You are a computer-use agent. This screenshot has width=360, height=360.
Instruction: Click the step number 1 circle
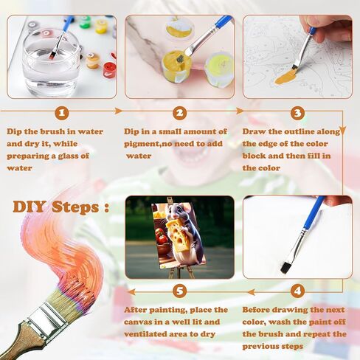click(x=62, y=113)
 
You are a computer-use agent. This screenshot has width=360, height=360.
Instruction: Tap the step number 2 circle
click(x=180, y=113)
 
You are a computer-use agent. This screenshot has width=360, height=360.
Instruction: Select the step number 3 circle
click(x=297, y=113)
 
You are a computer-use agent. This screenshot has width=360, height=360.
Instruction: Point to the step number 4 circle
click(x=297, y=291)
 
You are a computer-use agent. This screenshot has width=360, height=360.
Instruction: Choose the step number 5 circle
click(x=180, y=291)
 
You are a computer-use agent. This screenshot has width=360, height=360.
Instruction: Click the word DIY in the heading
click(x=29, y=207)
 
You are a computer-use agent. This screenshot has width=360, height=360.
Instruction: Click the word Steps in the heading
click(x=75, y=207)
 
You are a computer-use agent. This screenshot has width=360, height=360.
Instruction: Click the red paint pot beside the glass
click(x=109, y=70)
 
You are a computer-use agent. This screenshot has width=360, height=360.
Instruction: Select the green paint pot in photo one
click(x=85, y=22)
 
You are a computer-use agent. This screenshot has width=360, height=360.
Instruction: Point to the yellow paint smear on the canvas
click(x=285, y=77)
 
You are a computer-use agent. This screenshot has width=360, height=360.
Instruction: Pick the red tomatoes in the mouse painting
click(x=162, y=236)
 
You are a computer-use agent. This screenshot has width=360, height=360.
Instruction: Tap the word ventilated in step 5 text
click(x=154, y=334)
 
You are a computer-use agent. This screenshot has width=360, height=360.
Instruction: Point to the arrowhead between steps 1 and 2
click(x=119, y=111)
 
